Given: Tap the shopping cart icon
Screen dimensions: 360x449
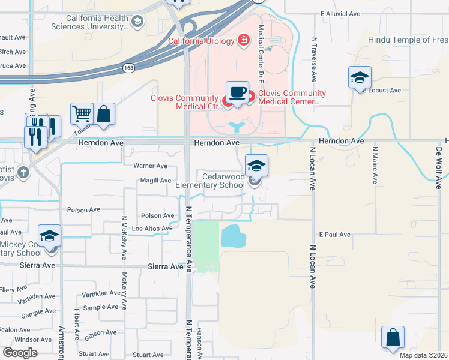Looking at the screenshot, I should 81,112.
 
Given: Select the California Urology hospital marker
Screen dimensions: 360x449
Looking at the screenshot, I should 244,41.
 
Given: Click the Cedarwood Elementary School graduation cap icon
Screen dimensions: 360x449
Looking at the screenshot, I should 256,166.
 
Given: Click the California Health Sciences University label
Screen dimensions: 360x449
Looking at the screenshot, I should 98,23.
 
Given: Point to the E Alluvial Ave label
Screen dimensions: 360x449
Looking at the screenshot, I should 340,13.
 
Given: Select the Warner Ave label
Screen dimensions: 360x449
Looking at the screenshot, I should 150,166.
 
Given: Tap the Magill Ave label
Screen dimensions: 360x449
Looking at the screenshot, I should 155,181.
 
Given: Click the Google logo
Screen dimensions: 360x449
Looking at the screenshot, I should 20,353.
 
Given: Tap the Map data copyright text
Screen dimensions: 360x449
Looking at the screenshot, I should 423,355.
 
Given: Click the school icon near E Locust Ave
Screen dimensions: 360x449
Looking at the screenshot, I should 360,77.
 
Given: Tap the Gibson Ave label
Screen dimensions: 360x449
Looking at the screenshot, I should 101,333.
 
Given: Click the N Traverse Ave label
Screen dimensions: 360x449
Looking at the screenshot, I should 314,59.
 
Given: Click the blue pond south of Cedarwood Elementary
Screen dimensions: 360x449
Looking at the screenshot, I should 234,236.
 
